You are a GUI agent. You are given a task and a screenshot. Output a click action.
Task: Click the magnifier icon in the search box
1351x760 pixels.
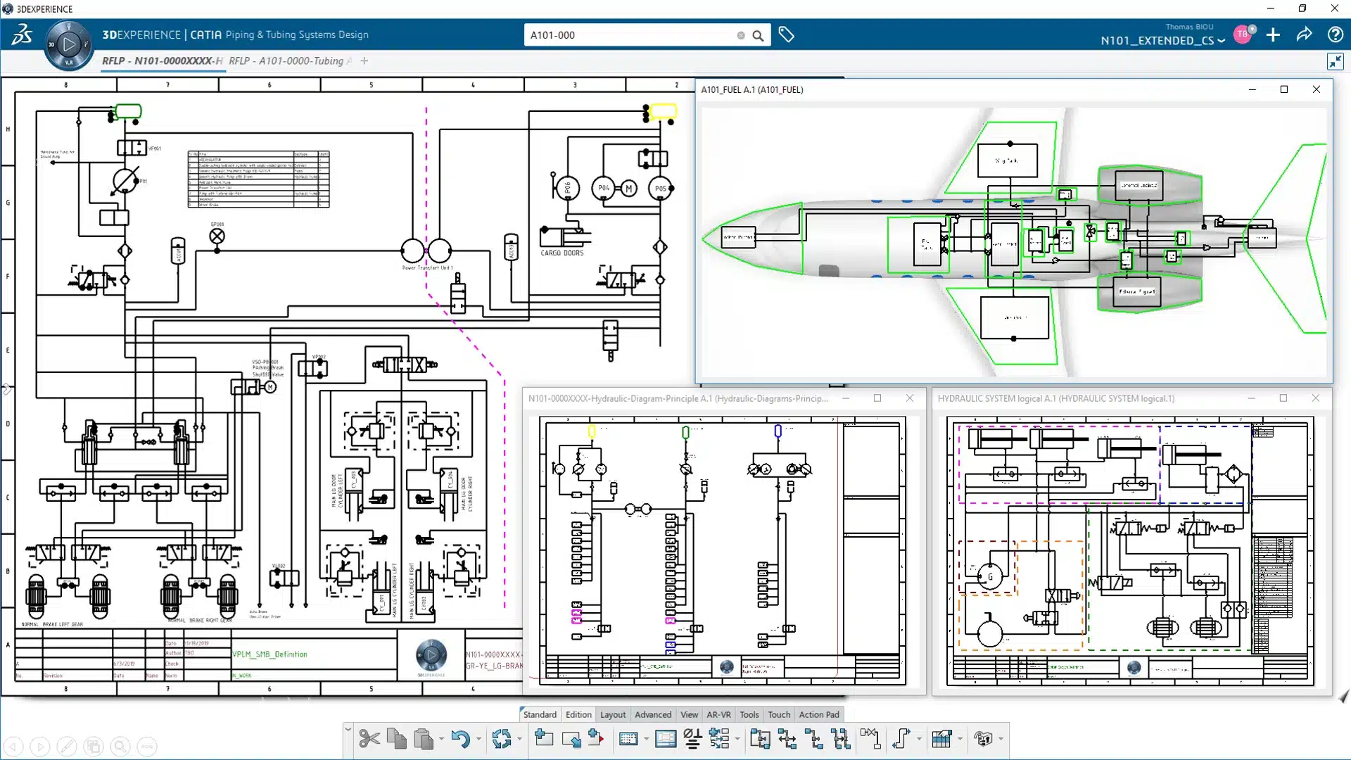[758, 35]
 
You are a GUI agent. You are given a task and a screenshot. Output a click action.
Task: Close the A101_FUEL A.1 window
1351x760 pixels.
[1316, 89]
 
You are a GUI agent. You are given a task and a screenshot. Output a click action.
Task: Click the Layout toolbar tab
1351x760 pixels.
[612, 714]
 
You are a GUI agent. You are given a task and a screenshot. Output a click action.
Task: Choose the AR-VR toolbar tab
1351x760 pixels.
[718, 714]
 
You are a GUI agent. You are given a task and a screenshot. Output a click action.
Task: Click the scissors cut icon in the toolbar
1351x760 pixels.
[369, 739]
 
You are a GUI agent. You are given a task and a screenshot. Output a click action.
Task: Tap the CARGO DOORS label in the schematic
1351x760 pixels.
[562, 253]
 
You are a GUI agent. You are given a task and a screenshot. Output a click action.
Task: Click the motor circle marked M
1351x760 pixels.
[628, 188]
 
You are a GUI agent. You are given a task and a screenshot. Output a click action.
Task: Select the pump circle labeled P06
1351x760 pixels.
[567, 188]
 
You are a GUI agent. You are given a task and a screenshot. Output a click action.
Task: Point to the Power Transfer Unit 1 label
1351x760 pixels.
[427, 268]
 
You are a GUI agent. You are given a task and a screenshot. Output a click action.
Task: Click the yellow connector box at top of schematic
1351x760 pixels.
[663, 111]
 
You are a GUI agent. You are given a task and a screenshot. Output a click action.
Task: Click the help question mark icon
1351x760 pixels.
[1335, 35]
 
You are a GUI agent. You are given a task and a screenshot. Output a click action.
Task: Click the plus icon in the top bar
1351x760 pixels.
[1273, 35]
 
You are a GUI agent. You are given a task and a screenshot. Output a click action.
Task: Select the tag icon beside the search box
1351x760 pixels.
[786, 35]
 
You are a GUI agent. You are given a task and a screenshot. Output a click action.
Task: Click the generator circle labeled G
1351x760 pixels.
[990, 576]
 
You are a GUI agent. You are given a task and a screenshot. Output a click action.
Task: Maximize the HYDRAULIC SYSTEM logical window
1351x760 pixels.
[1283, 398]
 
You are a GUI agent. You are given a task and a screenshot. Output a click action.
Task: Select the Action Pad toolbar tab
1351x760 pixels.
[818, 714]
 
